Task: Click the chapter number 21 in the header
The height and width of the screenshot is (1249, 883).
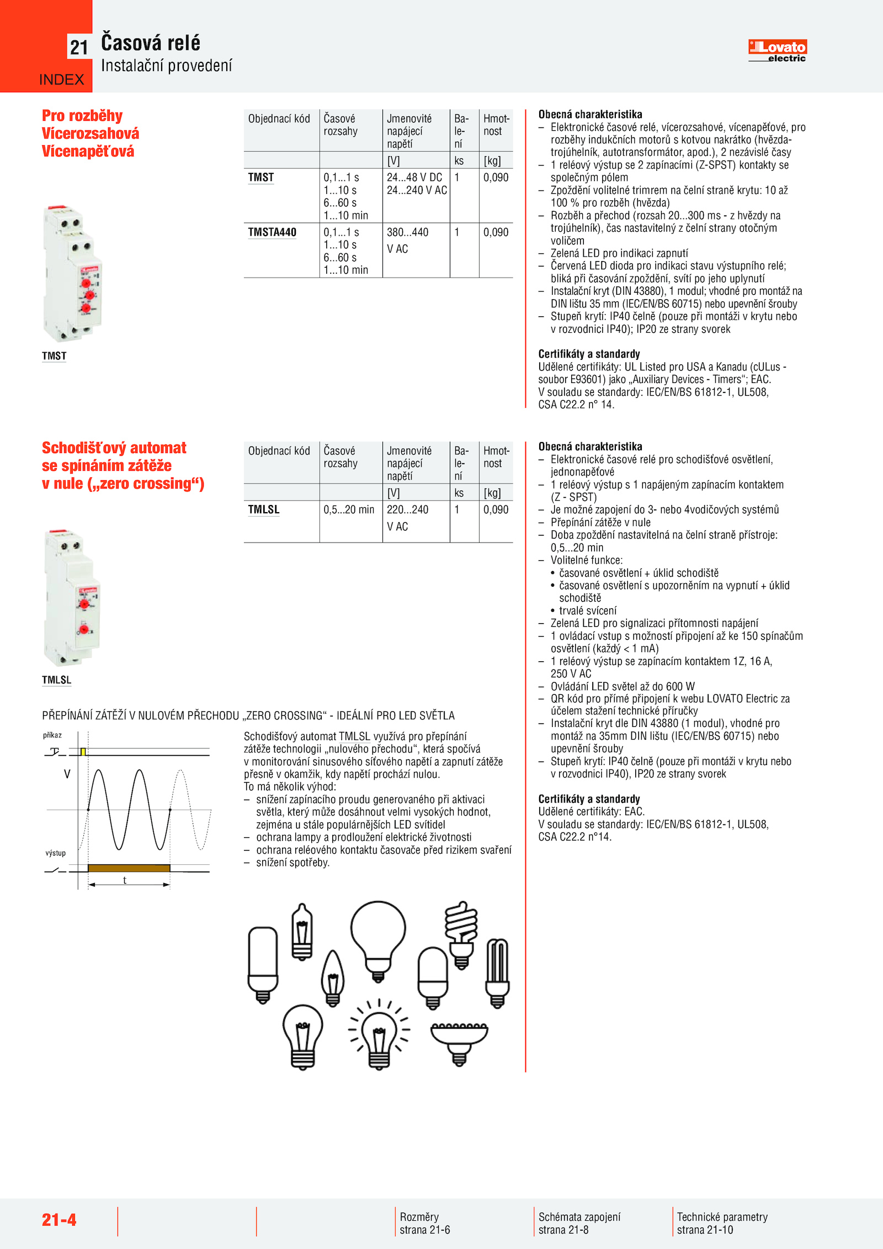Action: coord(79,48)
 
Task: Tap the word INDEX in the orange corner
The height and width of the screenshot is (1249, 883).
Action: coord(61,80)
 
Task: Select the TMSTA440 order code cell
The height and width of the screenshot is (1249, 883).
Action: coord(272,232)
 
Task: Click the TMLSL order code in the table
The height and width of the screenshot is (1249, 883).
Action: coord(264,509)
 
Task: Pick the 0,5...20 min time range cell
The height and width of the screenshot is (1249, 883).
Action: coord(349,509)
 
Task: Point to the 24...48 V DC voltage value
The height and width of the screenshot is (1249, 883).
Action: coord(414,178)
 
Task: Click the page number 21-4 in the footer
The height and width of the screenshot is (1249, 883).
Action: coord(59,1220)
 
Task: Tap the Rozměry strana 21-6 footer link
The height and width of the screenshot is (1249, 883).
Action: coord(425,1223)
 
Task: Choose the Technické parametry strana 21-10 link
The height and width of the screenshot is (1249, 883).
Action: coord(722,1223)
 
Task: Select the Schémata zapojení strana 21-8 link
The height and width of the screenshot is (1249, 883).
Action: coord(579,1223)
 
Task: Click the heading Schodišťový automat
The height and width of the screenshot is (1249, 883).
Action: coord(114,448)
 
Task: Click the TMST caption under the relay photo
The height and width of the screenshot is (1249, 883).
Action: coord(54,356)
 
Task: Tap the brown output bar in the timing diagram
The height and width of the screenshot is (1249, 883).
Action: coord(129,868)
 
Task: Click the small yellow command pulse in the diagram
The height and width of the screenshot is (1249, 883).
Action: coord(83,752)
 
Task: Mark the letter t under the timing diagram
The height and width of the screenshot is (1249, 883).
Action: coord(125,880)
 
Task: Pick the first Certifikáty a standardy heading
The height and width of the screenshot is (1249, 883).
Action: coord(589,354)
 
